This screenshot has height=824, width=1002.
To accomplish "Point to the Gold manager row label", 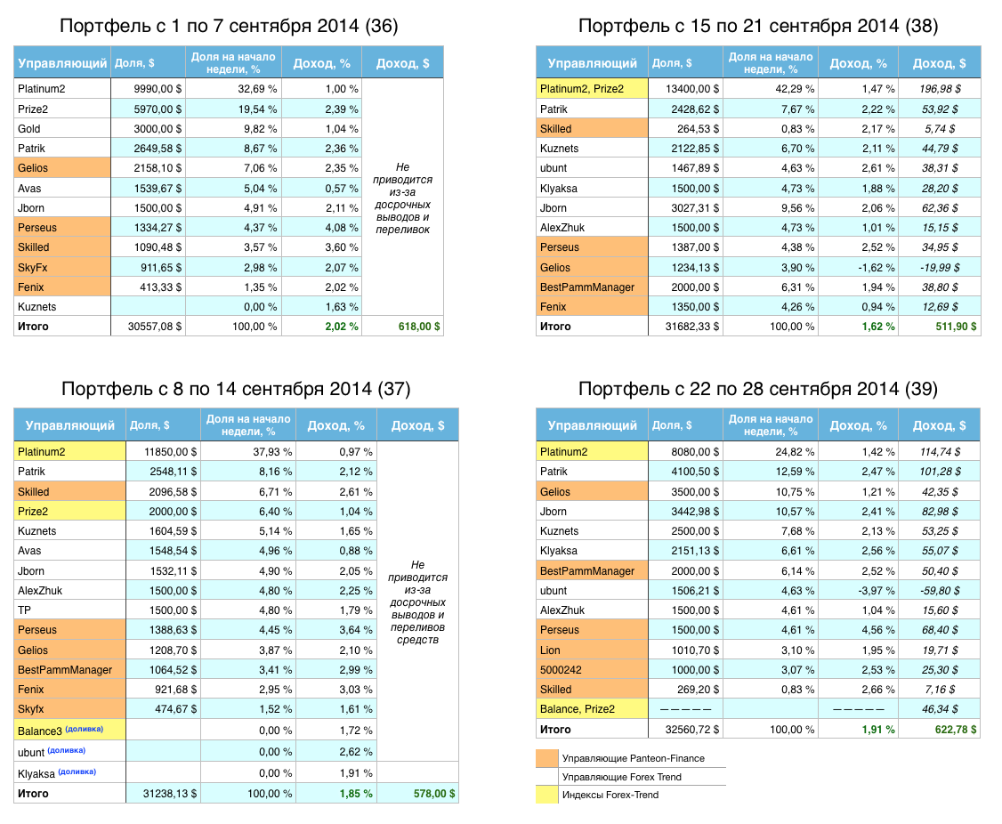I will click(x=29, y=129).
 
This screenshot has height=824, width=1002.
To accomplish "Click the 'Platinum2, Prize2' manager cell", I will click(x=582, y=89).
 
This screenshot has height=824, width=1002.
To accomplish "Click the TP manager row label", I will click(x=24, y=610).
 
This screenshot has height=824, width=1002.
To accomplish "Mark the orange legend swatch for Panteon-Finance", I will click(x=547, y=758).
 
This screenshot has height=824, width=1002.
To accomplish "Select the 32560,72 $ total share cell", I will click(x=683, y=730).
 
